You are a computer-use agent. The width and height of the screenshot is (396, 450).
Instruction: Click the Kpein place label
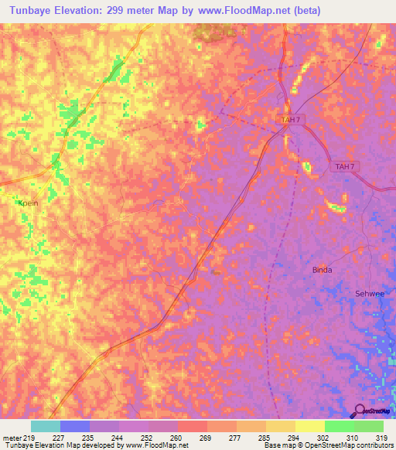pyautogui.click(x=28, y=202)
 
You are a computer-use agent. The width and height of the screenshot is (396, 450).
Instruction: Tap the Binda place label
pyautogui.click(x=322, y=270)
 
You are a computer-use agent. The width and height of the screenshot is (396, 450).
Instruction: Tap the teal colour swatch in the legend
pyautogui.click(x=46, y=426)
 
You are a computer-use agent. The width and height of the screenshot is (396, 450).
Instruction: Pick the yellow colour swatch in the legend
pyautogui.click(x=310, y=426)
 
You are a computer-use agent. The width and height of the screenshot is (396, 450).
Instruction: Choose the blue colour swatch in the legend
pyautogui.click(x=75, y=426)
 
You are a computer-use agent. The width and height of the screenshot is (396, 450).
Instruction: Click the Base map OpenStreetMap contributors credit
pyautogui.click(x=327, y=446)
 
